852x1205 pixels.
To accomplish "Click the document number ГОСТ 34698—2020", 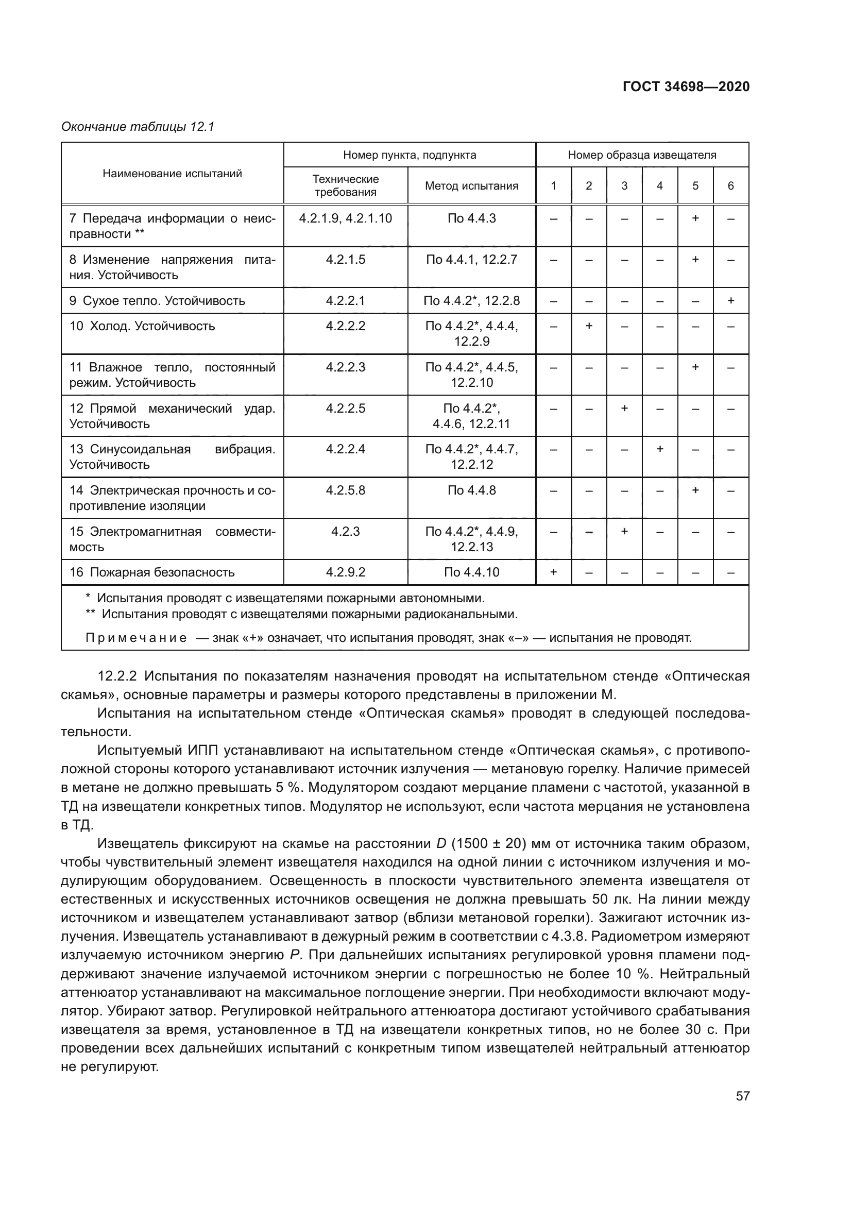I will (686, 87).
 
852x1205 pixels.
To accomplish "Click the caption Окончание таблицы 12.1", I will (138, 127).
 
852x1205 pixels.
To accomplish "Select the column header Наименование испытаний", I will (172, 173).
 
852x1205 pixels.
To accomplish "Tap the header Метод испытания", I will (471, 186).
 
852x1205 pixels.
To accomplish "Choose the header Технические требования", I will (345, 185).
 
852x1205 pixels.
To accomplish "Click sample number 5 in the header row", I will (695, 186).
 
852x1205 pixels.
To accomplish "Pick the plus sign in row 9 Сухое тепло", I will (730, 301).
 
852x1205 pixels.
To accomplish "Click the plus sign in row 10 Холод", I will (589, 326).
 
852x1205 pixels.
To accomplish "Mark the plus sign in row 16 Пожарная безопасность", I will (553, 572).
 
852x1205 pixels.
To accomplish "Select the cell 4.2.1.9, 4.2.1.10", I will (345, 218).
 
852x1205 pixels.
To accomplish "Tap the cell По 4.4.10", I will (471, 572).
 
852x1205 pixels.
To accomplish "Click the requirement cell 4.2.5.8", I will (345, 490).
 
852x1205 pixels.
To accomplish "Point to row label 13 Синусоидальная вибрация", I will (172, 456).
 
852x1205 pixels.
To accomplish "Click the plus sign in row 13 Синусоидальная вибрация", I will (659, 449).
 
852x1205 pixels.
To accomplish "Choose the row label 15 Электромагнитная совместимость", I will (172, 539).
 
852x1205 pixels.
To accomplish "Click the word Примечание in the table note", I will (136, 638).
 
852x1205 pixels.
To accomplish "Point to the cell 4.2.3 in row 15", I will (345, 532).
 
